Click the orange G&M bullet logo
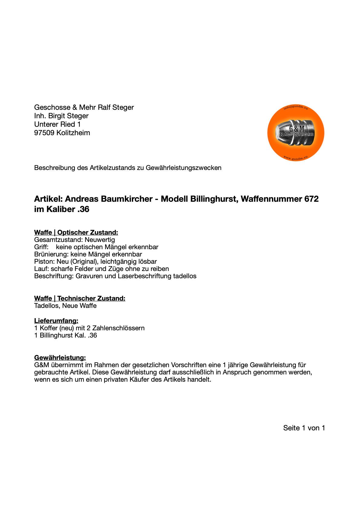(296, 133)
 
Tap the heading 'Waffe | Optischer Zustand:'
(76, 232)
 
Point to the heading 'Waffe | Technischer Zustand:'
(80, 298)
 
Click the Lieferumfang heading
(56, 321)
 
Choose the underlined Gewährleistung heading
(60, 357)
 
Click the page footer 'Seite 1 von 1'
(304, 428)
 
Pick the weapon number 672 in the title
(312, 199)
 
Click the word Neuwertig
(100, 240)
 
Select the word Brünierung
(51, 254)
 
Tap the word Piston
(44, 262)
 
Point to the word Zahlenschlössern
(118, 328)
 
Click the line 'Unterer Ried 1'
(57, 124)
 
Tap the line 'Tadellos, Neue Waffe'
(65, 306)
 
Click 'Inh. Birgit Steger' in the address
(61, 116)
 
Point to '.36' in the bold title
(83, 209)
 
